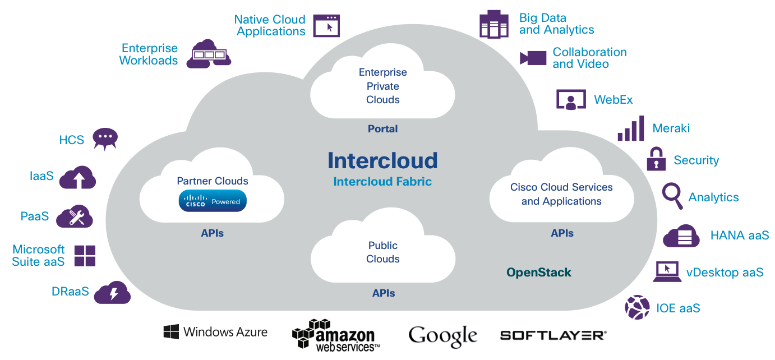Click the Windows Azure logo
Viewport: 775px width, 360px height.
[215, 332]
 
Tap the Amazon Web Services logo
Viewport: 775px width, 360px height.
[336, 335]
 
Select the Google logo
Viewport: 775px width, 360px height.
[442, 336]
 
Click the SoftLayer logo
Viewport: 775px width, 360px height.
[553, 335]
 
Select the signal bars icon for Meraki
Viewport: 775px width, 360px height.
[631, 129]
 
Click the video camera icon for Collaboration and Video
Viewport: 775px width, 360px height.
[533, 58]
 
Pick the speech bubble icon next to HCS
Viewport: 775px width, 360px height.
[105, 139]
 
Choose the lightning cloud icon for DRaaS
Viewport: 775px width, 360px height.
[112, 293]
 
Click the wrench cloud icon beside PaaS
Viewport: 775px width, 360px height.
[75, 216]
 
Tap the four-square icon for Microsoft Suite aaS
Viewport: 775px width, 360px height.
[85, 256]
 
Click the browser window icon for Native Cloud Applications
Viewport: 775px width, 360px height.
[326, 26]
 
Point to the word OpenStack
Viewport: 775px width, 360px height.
[538, 273]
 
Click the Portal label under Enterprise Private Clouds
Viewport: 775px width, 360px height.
[382, 129]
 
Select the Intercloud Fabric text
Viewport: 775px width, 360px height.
[382, 182]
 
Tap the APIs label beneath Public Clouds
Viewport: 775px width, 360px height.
[384, 293]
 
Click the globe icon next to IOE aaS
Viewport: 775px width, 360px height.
[638, 307]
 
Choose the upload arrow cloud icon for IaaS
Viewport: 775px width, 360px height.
[77, 178]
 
